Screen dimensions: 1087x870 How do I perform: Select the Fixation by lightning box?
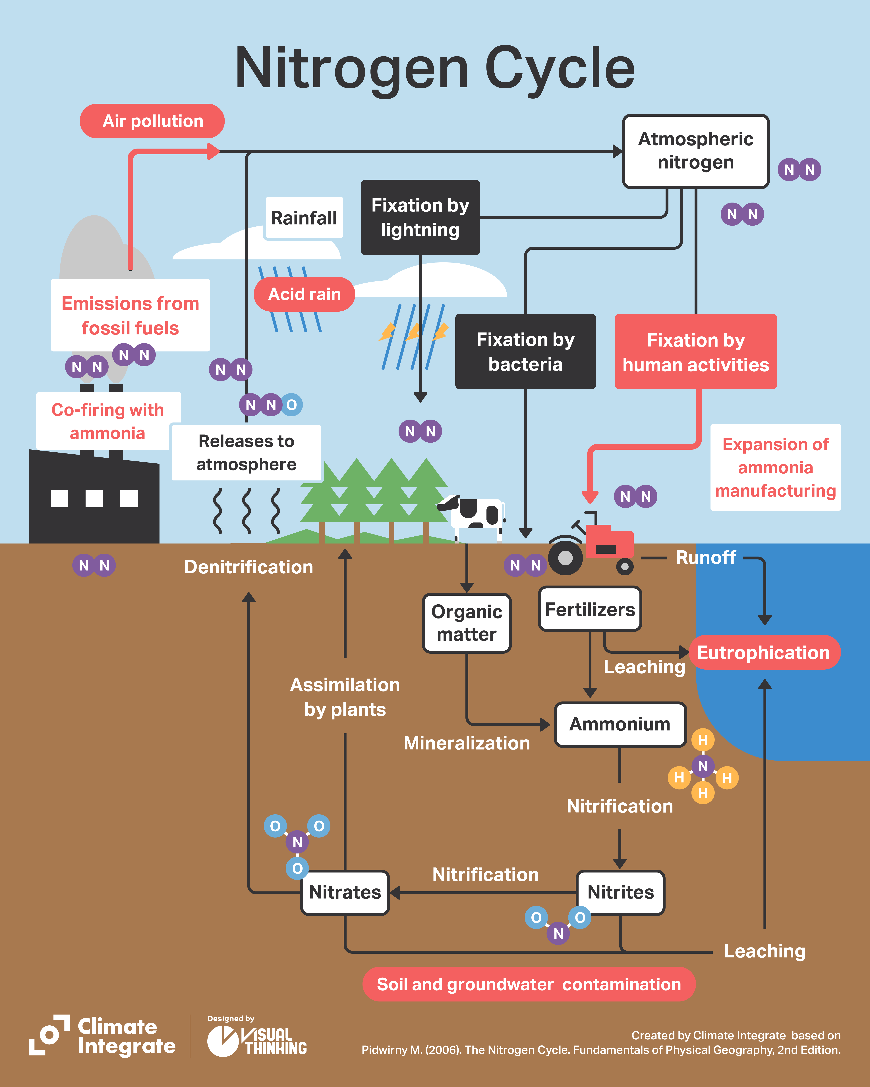pyautogui.click(x=420, y=217)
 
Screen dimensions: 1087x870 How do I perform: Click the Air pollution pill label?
pyautogui.click(x=152, y=121)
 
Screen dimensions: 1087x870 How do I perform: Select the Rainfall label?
pyautogui.click(x=304, y=218)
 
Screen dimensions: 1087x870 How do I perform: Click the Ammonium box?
pyautogui.click(x=620, y=724)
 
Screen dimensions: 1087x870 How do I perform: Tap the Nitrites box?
pyautogui.click(x=620, y=892)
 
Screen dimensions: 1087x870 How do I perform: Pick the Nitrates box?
pyautogui.click(x=345, y=892)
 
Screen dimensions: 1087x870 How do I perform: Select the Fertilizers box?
pyautogui.click(x=590, y=609)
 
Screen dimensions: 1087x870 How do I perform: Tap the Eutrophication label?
pyautogui.click(x=764, y=652)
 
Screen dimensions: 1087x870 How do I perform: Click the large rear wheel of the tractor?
pyautogui.click(x=565, y=558)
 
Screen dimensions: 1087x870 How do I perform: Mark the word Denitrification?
pyautogui.click(x=249, y=567)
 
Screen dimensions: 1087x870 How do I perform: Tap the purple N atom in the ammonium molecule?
pyautogui.click(x=703, y=766)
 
